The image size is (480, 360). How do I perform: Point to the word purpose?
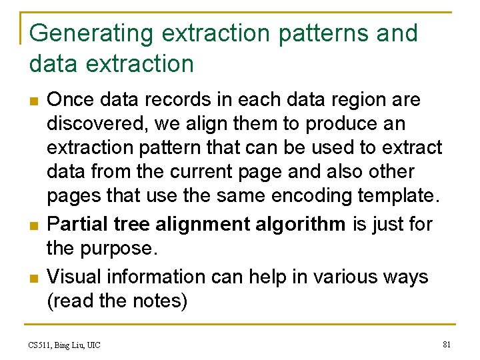pyautogui.click(x=121, y=248)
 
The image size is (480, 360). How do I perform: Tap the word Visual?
pyautogui.click(x=74, y=277)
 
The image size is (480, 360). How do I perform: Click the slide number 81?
pyautogui.click(x=447, y=345)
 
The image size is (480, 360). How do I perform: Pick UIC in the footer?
pyautogui.click(x=93, y=345)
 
